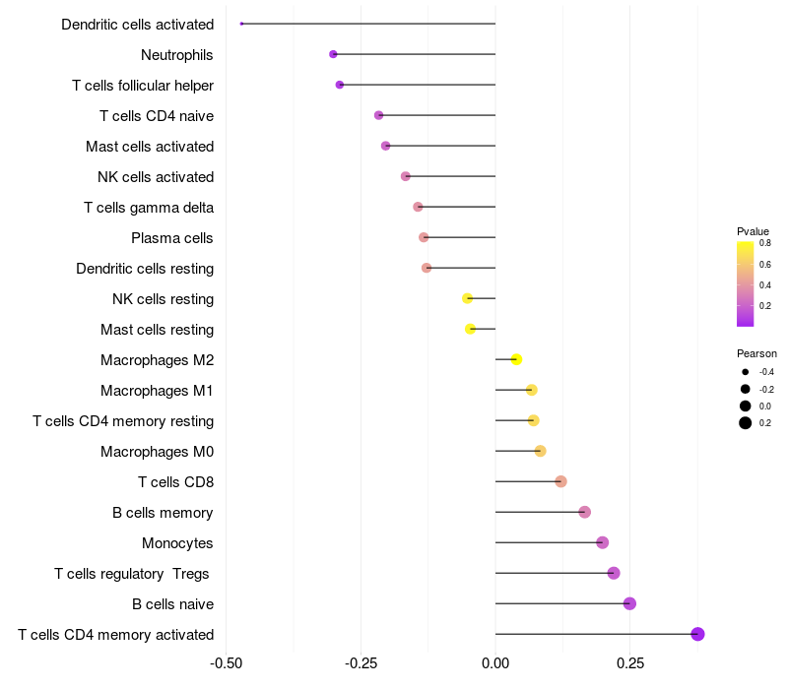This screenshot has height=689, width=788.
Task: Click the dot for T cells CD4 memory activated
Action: (x=697, y=634)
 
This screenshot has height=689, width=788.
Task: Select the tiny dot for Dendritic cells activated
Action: (x=241, y=24)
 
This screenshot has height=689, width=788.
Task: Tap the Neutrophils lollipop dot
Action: (x=333, y=54)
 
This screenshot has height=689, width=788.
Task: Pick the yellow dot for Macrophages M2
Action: (x=516, y=359)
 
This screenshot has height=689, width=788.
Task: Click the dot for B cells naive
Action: (x=629, y=603)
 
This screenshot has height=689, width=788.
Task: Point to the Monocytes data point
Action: (x=603, y=543)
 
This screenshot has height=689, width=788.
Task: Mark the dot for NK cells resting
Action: (x=467, y=299)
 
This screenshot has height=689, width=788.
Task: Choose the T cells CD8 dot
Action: (x=560, y=481)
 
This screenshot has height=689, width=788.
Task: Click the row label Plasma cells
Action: (x=171, y=238)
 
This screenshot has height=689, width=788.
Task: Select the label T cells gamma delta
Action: (x=149, y=208)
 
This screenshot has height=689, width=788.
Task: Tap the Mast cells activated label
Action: (x=150, y=147)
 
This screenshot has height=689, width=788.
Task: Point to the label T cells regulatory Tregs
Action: (x=132, y=574)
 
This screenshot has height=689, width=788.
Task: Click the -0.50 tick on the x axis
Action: (x=227, y=663)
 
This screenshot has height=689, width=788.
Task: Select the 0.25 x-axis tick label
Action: (x=630, y=663)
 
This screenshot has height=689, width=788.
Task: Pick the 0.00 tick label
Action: (x=495, y=663)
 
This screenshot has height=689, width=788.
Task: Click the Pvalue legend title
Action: (x=753, y=231)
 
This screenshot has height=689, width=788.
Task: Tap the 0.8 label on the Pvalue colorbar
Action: (x=765, y=243)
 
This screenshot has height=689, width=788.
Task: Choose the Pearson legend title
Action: (x=756, y=353)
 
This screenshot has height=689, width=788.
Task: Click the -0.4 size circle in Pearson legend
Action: (x=746, y=372)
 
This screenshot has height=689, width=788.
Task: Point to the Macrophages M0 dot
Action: (x=540, y=451)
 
